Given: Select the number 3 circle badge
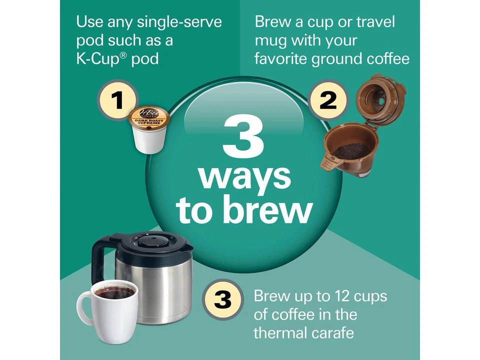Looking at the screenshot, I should click(222, 299).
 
